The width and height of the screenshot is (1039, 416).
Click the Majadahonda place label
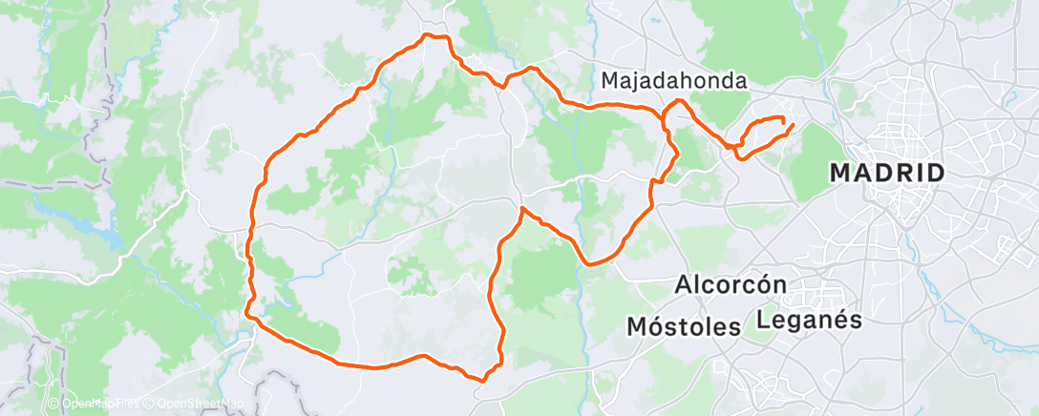tap(674, 82)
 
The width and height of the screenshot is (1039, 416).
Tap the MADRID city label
tap(887, 174)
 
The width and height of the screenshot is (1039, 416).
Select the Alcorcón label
tap(731, 284)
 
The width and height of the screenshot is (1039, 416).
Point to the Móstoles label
tap(684, 326)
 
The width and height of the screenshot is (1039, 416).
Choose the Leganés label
tap(810, 320)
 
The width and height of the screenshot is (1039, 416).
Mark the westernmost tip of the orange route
tap(246, 309)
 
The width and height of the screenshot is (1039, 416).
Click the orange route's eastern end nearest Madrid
tap(793, 125)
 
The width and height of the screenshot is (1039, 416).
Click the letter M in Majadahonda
tap(610, 82)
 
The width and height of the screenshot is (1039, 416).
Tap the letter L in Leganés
tap(763, 320)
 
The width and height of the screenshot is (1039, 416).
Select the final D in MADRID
tap(936, 174)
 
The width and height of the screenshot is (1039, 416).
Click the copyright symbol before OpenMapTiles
tap(53, 404)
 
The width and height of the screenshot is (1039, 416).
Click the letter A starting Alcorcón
tap(683, 284)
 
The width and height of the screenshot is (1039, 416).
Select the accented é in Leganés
tap(842, 320)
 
